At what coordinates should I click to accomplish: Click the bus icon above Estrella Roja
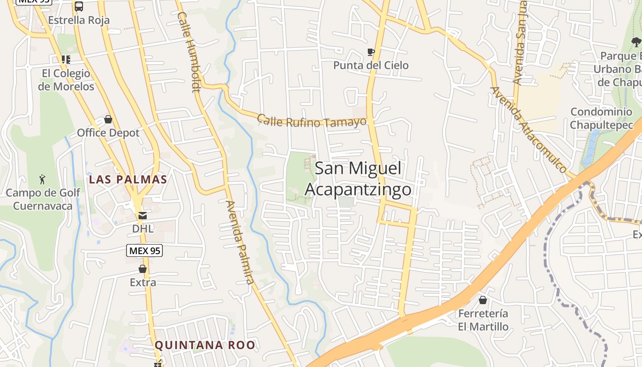click(79, 6)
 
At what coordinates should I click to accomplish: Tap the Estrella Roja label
click(79, 20)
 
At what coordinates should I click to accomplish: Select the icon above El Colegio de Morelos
click(66, 60)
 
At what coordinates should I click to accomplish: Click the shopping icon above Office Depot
click(108, 120)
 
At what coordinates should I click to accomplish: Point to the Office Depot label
click(108, 133)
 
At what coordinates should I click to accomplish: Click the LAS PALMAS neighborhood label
click(128, 179)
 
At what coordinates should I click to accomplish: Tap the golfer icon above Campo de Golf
click(43, 179)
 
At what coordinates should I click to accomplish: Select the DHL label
click(143, 228)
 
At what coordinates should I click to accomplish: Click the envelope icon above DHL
click(143, 215)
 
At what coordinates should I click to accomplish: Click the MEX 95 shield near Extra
click(144, 250)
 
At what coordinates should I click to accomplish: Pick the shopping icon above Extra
click(143, 269)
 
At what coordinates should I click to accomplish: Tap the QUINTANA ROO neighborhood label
click(205, 345)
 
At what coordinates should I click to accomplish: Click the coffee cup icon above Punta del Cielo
click(371, 52)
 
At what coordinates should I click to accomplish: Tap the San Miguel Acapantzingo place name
click(358, 179)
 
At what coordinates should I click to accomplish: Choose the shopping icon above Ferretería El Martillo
click(483, 300)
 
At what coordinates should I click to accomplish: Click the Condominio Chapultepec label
click(601, 118)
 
